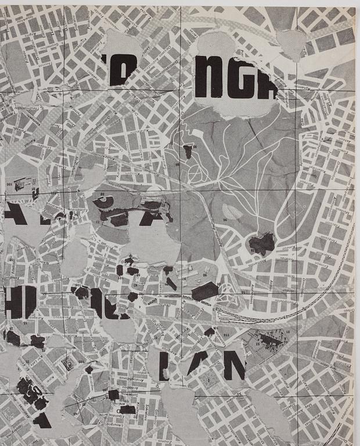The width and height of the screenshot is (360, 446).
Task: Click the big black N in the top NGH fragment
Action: coord(209,78)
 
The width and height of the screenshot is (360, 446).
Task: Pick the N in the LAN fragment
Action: coord(234,365)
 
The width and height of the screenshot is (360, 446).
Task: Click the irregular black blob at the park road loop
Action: coord(261,244)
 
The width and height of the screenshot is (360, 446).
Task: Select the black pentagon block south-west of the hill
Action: coord(204,291)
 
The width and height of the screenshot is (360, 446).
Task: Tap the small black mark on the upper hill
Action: coord(188,152)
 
